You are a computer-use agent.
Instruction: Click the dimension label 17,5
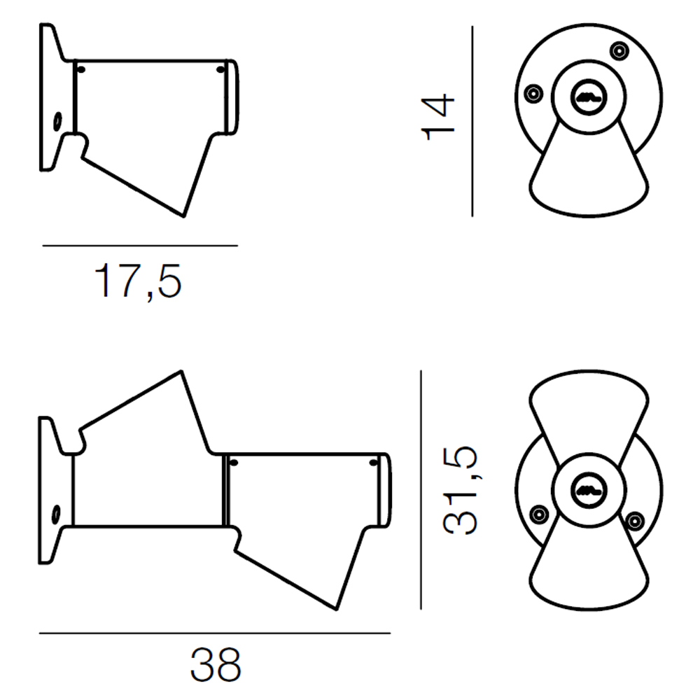click(x=138, y=281)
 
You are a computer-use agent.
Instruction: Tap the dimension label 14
click(x=438, y=117)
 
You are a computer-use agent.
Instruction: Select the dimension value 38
click(x=216, y=665)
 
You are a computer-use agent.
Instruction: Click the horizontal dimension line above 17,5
click(x=140, y=245)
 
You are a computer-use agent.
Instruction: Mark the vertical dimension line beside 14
click(x=472, y=121)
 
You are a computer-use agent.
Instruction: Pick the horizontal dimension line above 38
click(x=215, y=633)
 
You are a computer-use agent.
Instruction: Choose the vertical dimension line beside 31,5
click(x=421, y=490)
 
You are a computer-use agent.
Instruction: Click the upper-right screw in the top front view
click(x=619, y=51)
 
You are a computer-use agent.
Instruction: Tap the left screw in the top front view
click(x=533, y=94)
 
